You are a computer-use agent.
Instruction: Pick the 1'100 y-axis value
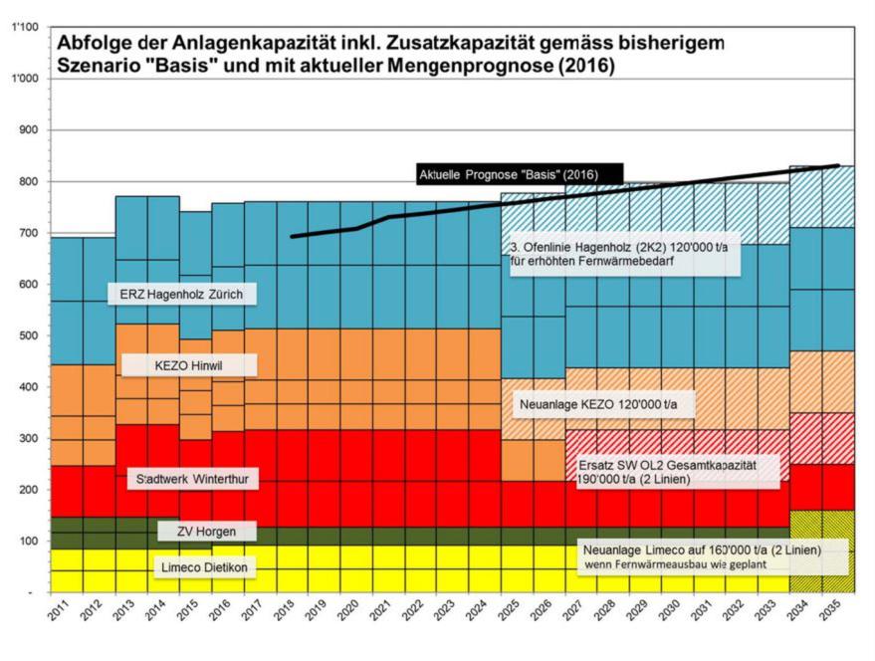(24, 27)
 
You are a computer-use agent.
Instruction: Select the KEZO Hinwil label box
(188, 365)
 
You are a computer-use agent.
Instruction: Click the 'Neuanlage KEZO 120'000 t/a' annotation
(605, 405)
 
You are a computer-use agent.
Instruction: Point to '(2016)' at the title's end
(587, 67)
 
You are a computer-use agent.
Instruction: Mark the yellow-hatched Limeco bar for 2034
(805, 551)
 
